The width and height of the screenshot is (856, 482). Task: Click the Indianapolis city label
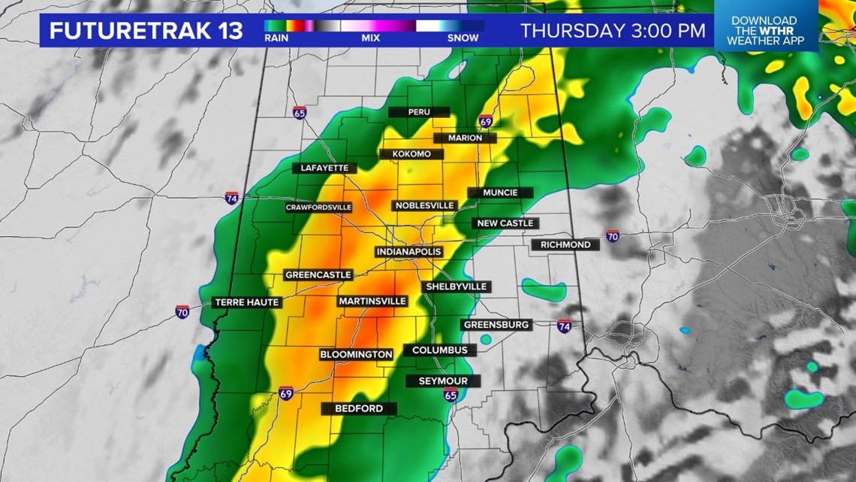pos(408,251)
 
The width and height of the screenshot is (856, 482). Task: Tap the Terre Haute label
pos(247,302)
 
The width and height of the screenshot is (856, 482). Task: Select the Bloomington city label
pos(356,354)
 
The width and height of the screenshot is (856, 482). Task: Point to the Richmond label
pos(565,244)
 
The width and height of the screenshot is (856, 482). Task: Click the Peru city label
pos(419,112)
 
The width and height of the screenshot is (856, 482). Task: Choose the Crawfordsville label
pos(318,207)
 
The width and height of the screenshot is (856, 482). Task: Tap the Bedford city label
pos(359,408)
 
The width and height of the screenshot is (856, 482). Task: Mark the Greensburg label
pos(497,324)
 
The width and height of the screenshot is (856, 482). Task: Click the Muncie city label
pos(500,192)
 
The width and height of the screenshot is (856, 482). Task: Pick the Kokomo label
pos(411,154)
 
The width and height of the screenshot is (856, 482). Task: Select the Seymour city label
pos(443,381)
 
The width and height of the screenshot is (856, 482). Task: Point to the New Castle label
pos(505,223)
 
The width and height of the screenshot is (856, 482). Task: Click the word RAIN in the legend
pos(276,37)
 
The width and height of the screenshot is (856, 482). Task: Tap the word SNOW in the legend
pos(463,37)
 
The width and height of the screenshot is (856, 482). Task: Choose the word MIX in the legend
pos(370,37)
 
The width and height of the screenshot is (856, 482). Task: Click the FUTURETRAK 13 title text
pos(146,31)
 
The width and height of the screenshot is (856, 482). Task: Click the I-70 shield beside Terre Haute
pos(182,311)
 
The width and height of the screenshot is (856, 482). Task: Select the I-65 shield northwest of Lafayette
pos(300,113)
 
